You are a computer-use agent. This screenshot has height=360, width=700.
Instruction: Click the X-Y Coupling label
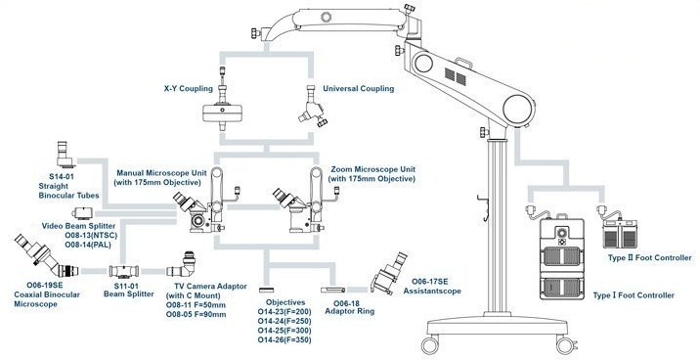(x=189, y=88)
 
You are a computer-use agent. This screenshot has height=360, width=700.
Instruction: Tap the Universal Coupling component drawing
(x=313, y=107)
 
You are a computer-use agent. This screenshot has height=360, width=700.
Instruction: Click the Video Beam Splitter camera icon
(x=82, y=212)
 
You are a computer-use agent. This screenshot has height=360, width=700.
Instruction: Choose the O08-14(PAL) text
(x=88, y=245)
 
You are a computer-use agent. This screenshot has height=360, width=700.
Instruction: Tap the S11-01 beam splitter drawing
(x=124, y=271)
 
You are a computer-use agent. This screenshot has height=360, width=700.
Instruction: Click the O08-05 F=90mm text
(x=196, y=314)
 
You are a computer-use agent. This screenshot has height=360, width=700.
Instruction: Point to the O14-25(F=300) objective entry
(x=284, y=331)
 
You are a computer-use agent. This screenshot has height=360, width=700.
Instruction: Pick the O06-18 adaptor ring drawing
(x=332, y=290)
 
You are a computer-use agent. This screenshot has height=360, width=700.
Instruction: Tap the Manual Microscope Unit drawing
(x=206, y=201)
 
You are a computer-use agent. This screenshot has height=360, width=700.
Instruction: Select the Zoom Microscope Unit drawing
(x=306, y=201)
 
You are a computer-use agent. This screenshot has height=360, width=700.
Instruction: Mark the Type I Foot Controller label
(x=634, y=295)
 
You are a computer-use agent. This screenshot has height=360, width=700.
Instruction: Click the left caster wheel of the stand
(x=430, y=345)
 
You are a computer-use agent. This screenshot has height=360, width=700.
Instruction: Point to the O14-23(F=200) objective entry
(x=284, y=312)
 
